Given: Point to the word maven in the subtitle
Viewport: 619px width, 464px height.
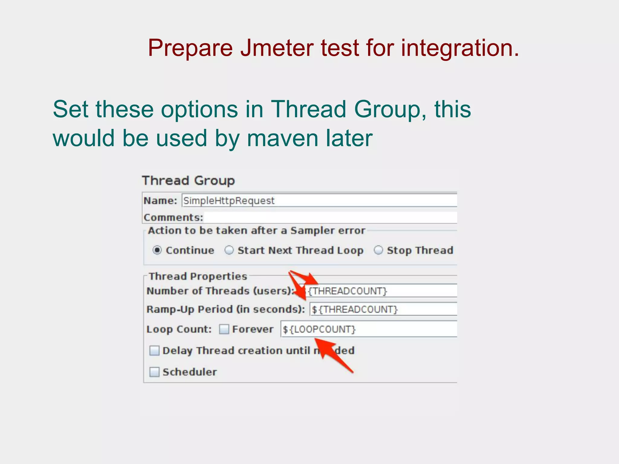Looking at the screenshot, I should (283, 138).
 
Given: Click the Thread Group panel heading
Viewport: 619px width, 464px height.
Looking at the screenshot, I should (188, 181).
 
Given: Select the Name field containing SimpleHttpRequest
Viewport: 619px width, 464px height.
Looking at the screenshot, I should (319, 201).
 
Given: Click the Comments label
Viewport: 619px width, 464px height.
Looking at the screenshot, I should (173, 217).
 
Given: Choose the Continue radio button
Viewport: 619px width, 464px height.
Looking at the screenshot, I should (157, 250).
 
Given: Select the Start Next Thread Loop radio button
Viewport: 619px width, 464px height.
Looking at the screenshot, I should (229, 250).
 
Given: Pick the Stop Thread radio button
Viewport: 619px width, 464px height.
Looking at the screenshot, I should (378, 250).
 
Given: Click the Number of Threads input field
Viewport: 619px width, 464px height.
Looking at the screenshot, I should (381, 291).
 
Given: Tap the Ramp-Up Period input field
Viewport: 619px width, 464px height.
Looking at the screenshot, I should (383, 309).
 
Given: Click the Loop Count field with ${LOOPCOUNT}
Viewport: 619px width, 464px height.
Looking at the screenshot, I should (369, 329).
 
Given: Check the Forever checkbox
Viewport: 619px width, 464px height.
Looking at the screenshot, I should (224, 329).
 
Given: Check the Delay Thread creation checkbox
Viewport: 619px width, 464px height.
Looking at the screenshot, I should (154, 351).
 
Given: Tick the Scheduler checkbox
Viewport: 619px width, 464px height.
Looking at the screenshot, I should (154, 372).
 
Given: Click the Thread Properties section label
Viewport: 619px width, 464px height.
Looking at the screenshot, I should (198, 276).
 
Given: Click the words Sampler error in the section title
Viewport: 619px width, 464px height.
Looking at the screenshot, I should (328, 230).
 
